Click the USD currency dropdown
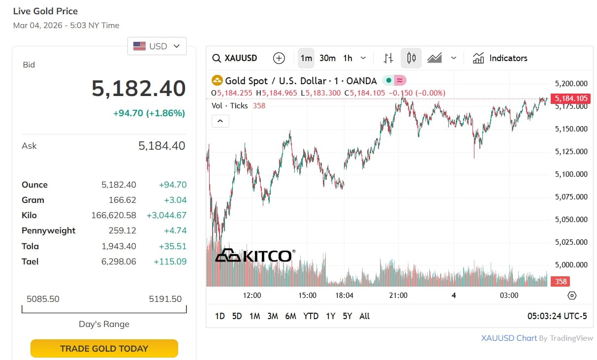pyautogui.click(x=157, y=46)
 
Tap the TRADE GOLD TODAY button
pyautogui.click(x=104, y=349)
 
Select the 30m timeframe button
pyautogui.click(x=327, y=58)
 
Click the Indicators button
pyautogui.click(x=500, y=58)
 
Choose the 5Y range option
pyautogui.click(x=347, y=316)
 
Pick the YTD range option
pyautogui.click(x=311, y=316)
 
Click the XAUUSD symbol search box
pyautogui.click(x=235, y=58)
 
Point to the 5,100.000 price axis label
pyautogui.click(x=571, y=174)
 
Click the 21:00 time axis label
pyautogui.click(x=398, y=295)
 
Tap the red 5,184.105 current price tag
pyautogui.click(x=571, y=98)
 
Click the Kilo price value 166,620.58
pyautogui.click(x=114, y=215)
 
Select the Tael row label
pyautogui.click(x=30, y=262)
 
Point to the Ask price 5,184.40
pyautogui.click(x=161, y=146)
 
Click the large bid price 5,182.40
pyautogui.click(x=138, y=89)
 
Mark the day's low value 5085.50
pyautogui.click(x=43, y=299)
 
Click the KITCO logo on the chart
pyautogui.click(x=255, y=256)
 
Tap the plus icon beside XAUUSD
pyautogui.click(x=279, y=58)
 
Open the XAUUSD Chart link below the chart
pyautogui.click(x=509, y=338)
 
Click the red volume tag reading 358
pyautogui.click(x=561, y=282)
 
